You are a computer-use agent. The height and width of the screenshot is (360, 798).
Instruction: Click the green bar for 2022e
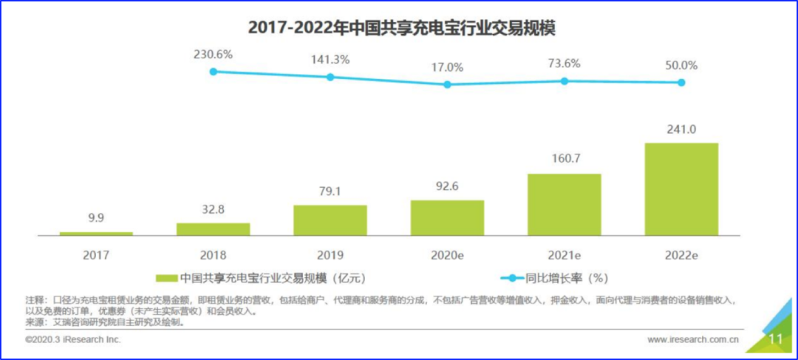(x=681, y=189)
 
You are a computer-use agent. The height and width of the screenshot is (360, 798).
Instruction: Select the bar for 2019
(x=330, y=220)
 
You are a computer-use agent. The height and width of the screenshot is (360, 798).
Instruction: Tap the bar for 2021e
(x=565, y=204)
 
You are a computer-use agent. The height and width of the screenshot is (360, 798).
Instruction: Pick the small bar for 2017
(x=96, y=233)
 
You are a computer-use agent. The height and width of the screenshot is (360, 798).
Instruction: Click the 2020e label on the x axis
(x=447, y=255)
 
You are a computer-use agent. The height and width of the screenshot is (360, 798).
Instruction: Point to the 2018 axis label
(x=213, y=255)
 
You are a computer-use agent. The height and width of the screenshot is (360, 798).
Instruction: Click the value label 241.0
(x=681, y=129)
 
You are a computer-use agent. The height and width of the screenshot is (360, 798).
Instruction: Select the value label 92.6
(x=447, y=186)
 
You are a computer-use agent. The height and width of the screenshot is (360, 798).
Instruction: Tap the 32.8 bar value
(x=213, y=209)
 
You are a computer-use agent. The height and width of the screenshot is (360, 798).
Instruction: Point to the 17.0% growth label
(x=447, y=67)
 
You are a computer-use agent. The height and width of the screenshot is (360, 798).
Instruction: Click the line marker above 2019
(x=330, y=77)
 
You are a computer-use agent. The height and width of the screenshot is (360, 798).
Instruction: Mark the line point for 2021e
(x=565, y=81)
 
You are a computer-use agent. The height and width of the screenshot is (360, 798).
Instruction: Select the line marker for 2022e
(x=681, y=83)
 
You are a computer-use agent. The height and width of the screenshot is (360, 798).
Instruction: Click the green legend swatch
(x=166, y=279)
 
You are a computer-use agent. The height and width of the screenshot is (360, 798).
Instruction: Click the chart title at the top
(x=402, y=28)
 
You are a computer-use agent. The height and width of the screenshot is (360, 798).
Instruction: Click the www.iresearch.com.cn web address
(x=693, y=340)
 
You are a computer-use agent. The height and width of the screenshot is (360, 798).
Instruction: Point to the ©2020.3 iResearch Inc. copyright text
(x=72, y=340)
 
